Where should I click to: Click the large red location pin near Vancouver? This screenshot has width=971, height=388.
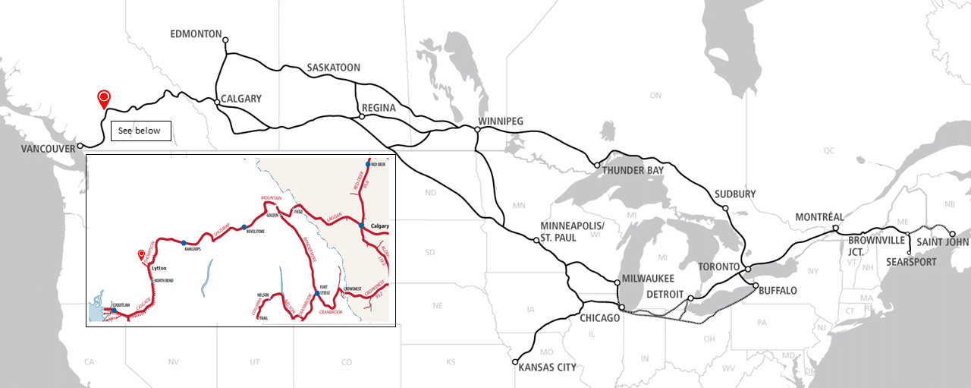pyautogui.click(x=104, y=98)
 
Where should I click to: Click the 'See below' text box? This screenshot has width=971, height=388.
pyautogui.click(x=140, y=131)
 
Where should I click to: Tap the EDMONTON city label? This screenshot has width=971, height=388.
pyautogui.click(x=196, y=34)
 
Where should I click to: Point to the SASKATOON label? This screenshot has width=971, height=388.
pyautogui.click(x=333, y=68)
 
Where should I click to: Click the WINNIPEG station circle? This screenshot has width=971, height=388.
pyautogui.click(x=477, y=130)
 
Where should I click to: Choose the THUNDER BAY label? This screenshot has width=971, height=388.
pyautogui.click(x=633, y=171)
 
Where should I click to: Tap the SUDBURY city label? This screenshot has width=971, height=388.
pyautogui.click(x=735, y=194)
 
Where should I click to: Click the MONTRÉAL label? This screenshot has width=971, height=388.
pyautogui.click(x=819, y=217)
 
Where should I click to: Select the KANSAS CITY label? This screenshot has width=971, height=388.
pyautogui.click(x=547, y=367)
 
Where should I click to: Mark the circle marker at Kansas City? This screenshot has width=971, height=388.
pyautogui.click(x=515, y=362)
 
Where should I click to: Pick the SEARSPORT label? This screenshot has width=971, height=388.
pyautogui.click(x=910, y=262)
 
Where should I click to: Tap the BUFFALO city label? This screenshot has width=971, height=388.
pyautogui.click(x=777, y=291)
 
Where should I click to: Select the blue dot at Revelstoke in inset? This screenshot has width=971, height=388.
pyautogui.click(x=244, y=227)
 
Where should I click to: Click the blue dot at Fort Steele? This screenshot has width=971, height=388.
pyautogui.click(x=317, y=292)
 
